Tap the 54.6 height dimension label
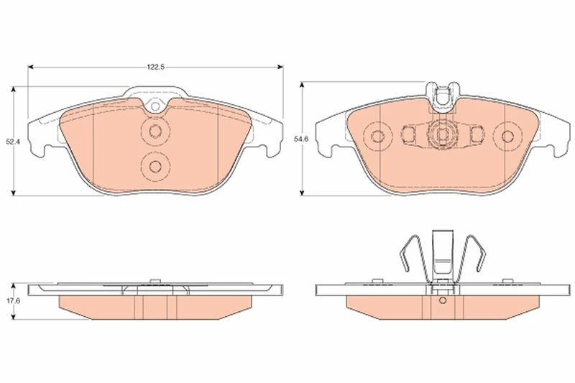pos(302,139)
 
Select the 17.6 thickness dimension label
pos(14,300)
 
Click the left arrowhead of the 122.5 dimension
pos(31,67)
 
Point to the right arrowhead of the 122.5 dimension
pos(280,67)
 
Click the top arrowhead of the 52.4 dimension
pos(14,89)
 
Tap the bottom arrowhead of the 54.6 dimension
pos(302,193)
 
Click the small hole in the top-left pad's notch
pos(155,106)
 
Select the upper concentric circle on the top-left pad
pos(155,131)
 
